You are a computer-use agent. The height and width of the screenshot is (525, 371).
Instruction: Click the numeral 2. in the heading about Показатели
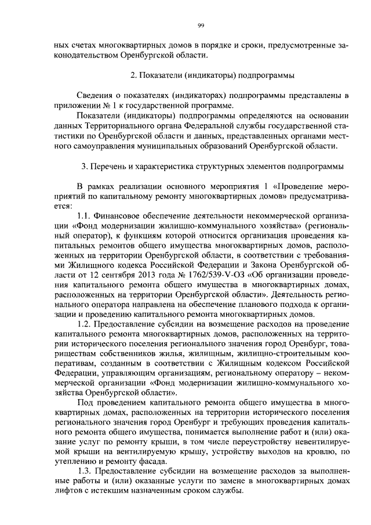pos(134,75)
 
